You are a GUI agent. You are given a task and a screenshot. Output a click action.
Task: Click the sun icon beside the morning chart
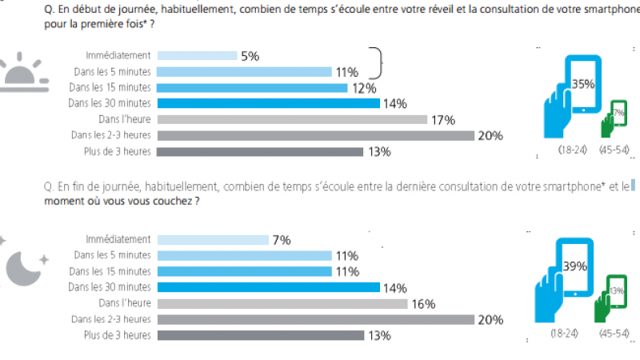click(27, 70)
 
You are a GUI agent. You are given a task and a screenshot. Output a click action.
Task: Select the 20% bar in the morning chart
click(316, 135)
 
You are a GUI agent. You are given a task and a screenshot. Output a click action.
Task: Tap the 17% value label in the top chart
click(442, 120)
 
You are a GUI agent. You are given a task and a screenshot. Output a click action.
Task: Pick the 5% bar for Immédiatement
click(197, 56)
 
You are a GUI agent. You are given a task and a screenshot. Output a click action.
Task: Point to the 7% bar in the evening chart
click(213, 239)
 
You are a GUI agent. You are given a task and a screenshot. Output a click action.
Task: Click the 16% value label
click(422, 304)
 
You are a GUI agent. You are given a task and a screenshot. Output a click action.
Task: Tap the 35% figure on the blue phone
click(583, 82)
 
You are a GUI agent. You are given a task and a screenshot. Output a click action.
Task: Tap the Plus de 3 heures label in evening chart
click(117, 335)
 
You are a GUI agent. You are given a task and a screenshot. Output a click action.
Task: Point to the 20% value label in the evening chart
click(490, 320)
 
